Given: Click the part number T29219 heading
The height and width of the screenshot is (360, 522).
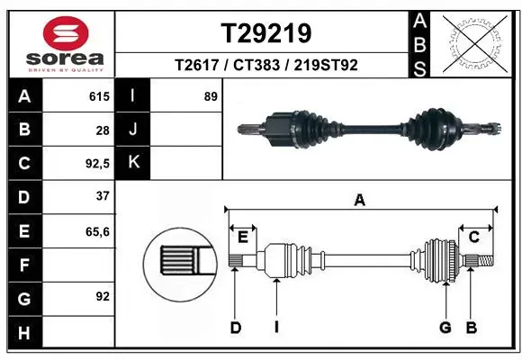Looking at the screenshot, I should tap(266, 33).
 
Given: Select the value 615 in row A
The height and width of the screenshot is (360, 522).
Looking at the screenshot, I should tap(98, 96).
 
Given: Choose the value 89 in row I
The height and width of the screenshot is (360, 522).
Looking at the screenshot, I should tap(211, 96).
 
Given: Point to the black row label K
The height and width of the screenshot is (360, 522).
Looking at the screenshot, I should tap(134, 164).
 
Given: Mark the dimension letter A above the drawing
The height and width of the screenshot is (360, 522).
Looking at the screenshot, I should tap(360, 201).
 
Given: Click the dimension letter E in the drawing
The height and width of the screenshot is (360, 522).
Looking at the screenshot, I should tap(242, 238).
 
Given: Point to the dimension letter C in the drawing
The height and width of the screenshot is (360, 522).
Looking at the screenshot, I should tap(473, 238).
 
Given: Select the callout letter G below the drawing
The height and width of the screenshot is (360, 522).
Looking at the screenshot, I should tap(445, 327).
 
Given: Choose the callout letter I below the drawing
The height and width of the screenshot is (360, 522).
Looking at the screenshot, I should tap(276, 327).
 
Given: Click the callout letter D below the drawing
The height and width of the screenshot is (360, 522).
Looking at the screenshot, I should tap(235, 327).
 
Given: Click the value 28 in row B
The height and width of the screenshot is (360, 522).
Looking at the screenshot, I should tap(103, 130).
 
